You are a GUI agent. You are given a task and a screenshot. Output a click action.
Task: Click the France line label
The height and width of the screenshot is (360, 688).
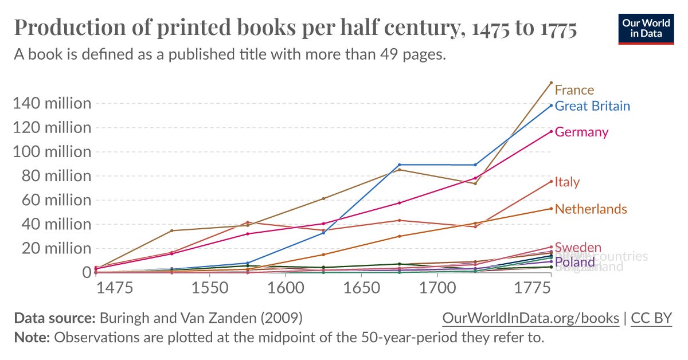pyautogui.click(x=574, y=90)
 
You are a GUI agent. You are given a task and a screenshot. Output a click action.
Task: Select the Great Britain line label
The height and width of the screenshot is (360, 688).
pyautogui.click(x=592, y=106)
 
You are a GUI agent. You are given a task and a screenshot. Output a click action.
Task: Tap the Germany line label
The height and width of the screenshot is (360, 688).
pyautogui.click(x=581, y=132)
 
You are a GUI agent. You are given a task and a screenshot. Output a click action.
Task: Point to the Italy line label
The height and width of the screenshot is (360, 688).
pyautogui.click(x=567, y=182)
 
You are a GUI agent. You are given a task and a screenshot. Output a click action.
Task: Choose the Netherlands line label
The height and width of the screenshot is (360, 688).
pyautogui.click(x=591, y=209)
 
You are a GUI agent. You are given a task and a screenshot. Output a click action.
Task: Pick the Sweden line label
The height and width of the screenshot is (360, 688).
pyautogui.click(x=578, y=248)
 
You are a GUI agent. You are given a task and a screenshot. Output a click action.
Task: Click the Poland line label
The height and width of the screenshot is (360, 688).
pyautogui.click(x=575, y=263)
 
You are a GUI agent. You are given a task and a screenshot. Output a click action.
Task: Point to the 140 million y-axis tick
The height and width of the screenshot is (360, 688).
pyautogui.click(x=51, y=104)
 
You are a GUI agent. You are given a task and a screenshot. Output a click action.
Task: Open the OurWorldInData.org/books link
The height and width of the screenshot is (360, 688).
pyautogui.click(x=530, y=319)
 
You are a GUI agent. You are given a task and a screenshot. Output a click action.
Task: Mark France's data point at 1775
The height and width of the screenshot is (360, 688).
pyautogui.click(x=551, y=83)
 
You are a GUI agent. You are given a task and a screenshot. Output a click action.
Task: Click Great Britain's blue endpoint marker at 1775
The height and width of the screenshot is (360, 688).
pyautogui.click(x=551, y=105)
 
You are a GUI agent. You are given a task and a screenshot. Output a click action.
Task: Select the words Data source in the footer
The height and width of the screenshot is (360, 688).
pyautogui.click(x=54, y=319)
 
